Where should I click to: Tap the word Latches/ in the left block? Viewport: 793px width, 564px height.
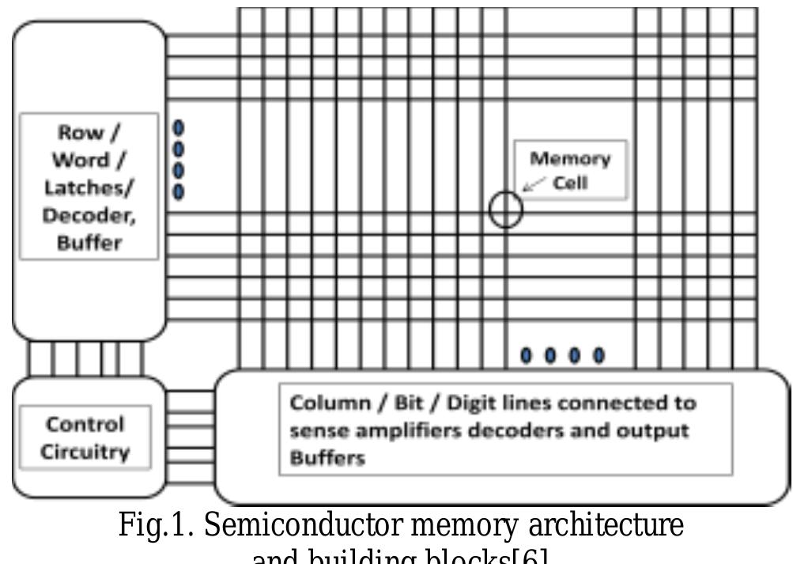(89, 187)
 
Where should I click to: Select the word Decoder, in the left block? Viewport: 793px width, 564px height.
(89, 214)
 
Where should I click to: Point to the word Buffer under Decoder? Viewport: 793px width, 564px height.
(89, 242)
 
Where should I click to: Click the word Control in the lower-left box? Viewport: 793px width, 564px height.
(85, 425)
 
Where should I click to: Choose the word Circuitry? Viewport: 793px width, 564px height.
(85, 452)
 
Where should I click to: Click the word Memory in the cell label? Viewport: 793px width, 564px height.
(569, 158)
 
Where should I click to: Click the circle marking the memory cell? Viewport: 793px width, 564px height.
(505, 210)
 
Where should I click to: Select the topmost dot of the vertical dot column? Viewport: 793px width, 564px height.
(179, 127)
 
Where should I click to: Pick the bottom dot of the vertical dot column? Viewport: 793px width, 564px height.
(179, 191)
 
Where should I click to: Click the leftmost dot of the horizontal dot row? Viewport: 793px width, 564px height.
(526, 355)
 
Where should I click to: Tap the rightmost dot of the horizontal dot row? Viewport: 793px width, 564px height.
(599, 355)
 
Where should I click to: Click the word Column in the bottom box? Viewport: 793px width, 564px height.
(325, 403)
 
